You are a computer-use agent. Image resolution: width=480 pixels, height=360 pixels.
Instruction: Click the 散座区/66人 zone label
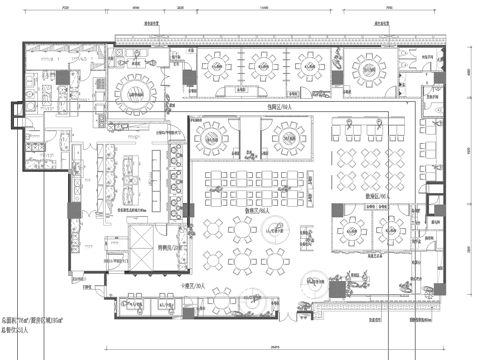(250, 211)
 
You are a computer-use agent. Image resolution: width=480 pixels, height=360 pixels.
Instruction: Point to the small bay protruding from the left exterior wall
(13, 112)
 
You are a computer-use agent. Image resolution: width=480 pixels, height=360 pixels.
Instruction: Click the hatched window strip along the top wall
(280, 41)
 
